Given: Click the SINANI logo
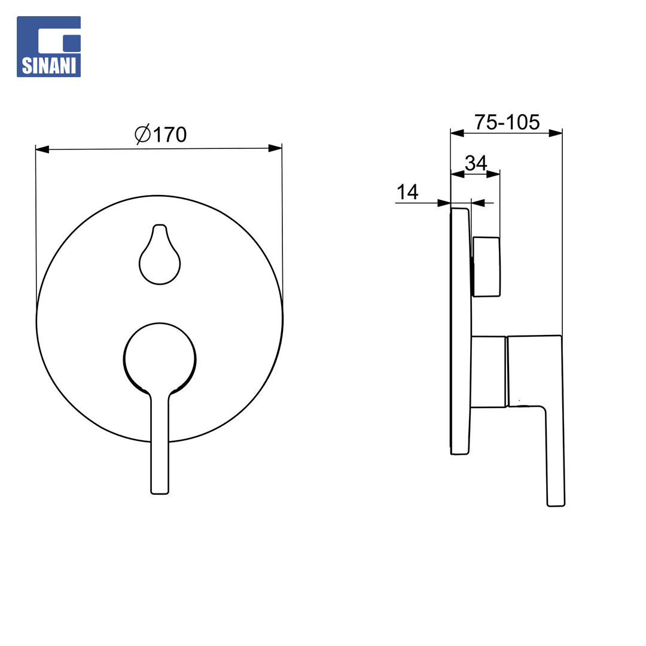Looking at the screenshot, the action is coord(48,47).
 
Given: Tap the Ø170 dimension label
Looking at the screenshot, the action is coord(161,135).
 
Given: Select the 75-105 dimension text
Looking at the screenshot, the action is coord(507,122).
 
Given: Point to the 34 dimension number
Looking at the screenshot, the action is coord(476,163).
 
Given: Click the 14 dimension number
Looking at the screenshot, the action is coord(407,192).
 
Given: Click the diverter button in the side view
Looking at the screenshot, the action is coord(486,267).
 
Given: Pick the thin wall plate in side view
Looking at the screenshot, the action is coord(461,331).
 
